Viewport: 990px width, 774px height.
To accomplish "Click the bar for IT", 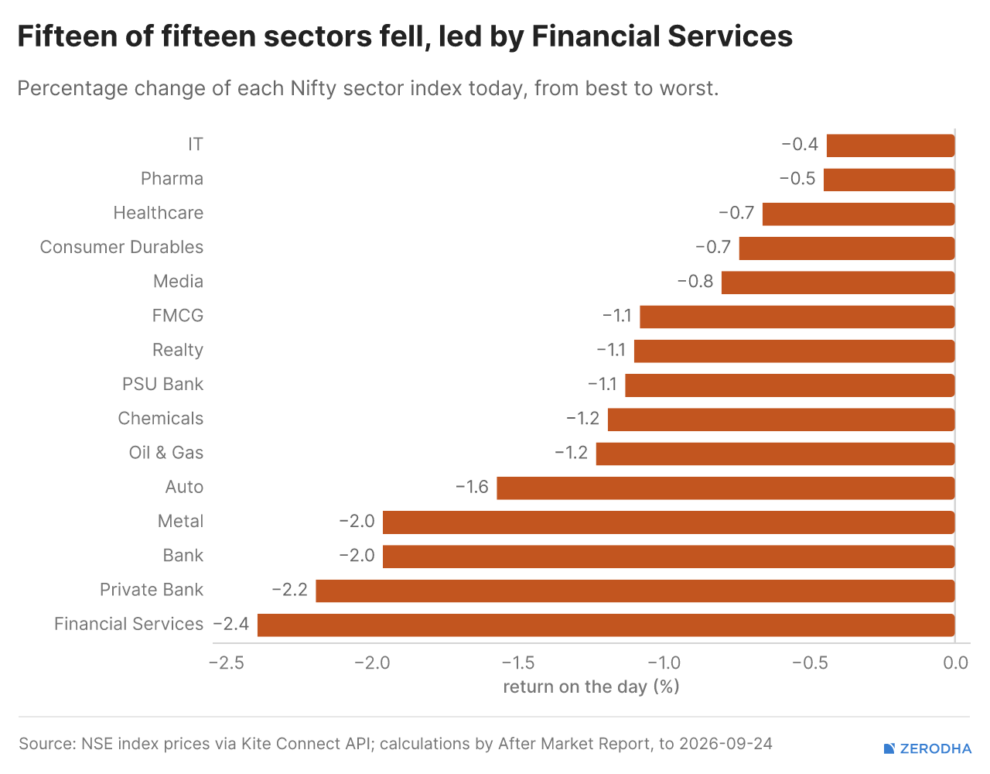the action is tap(890, 146).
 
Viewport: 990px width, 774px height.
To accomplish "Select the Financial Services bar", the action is tap(606, 625).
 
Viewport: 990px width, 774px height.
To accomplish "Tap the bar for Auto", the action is tap(725, 488).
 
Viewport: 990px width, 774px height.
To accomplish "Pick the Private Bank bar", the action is tap(635, 591).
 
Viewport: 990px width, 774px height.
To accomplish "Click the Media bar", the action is tap(838, 283).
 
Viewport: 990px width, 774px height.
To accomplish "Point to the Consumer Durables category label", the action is tap(121, 247).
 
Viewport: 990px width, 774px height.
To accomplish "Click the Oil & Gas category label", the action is tap(166, 453).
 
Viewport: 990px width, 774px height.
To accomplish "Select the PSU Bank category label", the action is tap(162, 384).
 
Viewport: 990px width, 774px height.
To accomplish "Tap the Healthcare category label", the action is tap(158, 213).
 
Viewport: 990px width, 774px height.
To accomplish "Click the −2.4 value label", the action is tap(231, 624).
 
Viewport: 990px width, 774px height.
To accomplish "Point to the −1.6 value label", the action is tap(472, 487).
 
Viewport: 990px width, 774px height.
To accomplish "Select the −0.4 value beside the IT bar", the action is tap(800, 145).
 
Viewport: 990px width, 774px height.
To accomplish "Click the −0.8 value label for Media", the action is tap(695, 282).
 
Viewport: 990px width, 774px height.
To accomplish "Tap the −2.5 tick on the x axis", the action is tap(227, 663).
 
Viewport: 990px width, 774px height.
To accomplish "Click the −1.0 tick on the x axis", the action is tap(664, 663).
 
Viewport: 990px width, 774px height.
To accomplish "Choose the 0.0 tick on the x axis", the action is tap(955, 663).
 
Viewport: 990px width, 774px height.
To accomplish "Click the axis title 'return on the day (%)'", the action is tap(591, 687).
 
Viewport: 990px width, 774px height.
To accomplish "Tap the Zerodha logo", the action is tap(927, 748).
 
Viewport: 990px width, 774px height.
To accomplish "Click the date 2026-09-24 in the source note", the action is tap(725, 744).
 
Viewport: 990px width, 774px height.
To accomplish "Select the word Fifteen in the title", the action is tap(68, 36).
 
